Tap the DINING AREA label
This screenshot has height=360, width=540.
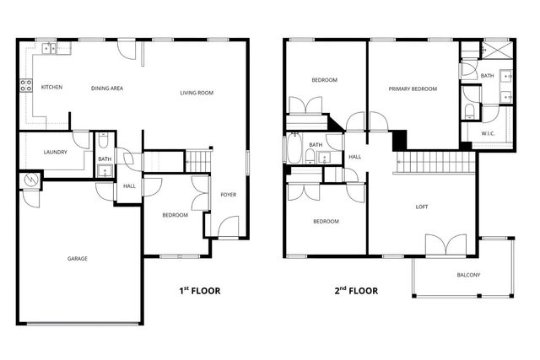107,88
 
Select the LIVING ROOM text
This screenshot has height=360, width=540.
196,93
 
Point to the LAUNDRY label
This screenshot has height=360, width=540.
56,152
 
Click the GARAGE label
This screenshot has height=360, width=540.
78,258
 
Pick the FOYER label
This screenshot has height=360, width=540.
229,195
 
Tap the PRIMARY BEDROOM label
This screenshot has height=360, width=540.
413,89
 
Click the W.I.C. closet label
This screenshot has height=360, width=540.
488,132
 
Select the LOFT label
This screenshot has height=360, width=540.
422,206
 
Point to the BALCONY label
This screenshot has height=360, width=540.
468,275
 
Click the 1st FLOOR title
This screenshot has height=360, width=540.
199,291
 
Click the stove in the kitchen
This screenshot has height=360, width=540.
25,85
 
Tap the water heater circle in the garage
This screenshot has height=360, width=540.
31,180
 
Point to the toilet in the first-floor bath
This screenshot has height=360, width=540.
102,142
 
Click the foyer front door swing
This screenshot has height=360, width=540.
227,228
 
